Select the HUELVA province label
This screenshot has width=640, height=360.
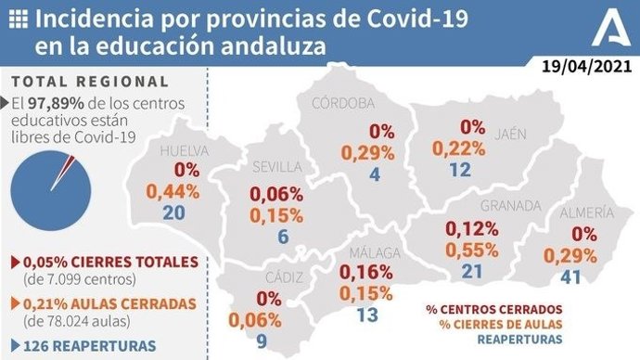186,151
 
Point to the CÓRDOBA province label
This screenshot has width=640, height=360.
343,102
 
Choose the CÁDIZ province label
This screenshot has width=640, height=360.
277,277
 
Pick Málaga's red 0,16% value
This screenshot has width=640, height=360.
365,273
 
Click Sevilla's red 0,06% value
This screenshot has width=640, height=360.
276,194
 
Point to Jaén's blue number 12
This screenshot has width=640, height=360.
459,169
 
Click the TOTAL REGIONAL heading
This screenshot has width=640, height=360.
91,82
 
